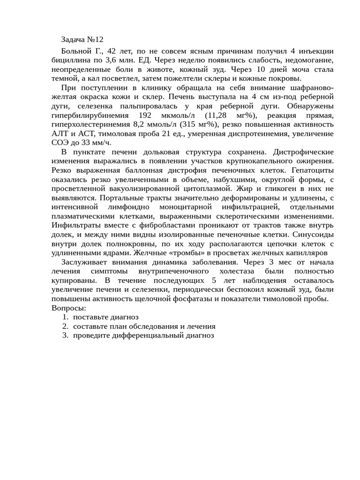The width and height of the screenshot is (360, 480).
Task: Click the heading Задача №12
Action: (x=82, y=39)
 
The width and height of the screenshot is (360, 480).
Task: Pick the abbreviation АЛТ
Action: (x=59, y=134)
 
